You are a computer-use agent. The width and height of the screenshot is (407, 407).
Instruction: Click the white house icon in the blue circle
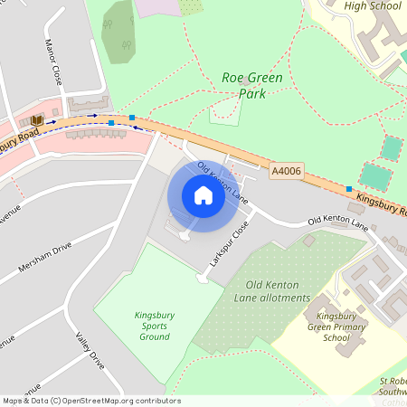pyautogui.click(x=203, y=195)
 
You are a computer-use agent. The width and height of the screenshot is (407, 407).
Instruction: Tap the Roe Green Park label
pyautogui.click(x=251, y=79)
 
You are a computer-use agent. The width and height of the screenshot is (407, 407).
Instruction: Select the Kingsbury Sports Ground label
pyautogui.click(x=154, y=326)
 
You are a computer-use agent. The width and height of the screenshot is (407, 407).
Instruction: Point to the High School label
pyautogui.click(x=372, y=5)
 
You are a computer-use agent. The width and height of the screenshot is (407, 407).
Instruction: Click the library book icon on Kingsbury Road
pyautogui.click(x=36, y=120)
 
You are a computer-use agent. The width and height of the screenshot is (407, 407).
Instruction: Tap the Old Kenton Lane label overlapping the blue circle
pyautogui.click(x=222, y=181)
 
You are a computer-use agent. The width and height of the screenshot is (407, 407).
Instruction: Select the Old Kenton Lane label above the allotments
pyautogui.click(x=337, y=220)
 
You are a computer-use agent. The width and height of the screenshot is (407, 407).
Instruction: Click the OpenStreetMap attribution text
pyautogui.click(x=91, y=401)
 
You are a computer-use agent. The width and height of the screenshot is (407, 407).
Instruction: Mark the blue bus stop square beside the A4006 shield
pyautogui.click(x=349, y=189)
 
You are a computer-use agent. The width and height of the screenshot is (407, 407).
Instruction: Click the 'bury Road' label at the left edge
pyautogui.click(x=19, y=143)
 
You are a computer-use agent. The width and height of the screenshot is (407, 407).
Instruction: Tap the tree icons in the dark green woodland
pyautogui.click(x=119, y=40)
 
